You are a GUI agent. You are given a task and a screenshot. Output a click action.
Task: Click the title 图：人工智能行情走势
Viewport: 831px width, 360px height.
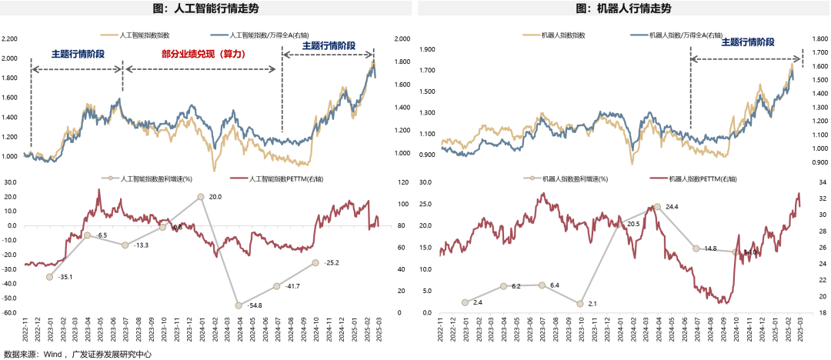coord(208,8)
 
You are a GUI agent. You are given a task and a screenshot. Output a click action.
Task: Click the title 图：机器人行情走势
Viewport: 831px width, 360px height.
coord(623,8)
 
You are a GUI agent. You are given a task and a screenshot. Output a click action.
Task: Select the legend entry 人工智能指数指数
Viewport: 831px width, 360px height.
coord(145,36)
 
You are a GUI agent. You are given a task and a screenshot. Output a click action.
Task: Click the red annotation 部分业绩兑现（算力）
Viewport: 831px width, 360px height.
coord(203,55)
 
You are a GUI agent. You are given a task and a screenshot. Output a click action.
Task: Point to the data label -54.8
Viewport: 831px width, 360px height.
coord(255,305)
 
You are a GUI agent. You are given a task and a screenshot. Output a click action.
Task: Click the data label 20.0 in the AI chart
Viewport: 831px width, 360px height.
coord(215,197)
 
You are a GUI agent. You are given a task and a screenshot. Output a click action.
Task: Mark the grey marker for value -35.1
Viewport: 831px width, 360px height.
coord(49,277)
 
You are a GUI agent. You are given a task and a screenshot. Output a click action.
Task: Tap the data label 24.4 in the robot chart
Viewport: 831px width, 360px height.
coord(672,207)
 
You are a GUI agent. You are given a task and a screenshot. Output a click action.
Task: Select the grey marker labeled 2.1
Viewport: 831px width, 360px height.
coord(580,304)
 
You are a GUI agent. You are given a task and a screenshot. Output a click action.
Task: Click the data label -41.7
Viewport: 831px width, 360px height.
coord(292,286)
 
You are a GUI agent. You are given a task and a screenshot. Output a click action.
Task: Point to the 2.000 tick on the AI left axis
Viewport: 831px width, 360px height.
coord(10,58)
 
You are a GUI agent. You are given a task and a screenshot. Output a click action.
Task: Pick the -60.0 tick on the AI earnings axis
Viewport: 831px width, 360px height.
coord(9,313)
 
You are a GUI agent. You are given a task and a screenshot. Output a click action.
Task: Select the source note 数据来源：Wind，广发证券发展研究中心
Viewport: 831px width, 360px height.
coord(77,355)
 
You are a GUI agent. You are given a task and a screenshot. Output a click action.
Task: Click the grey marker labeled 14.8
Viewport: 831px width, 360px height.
coord(696,248)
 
